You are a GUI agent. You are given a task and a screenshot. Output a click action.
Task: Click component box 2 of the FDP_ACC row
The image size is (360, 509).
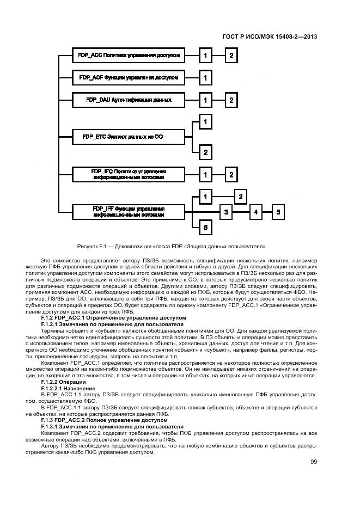point(231,55)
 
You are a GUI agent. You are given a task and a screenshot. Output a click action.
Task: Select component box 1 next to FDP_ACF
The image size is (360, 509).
point(205,78)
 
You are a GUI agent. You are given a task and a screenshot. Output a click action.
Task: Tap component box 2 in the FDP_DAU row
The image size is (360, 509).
point(231,100)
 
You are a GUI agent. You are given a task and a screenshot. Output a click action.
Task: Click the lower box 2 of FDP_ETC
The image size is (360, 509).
point(205,152)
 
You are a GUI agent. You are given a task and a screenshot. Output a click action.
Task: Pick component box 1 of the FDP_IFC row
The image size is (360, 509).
point(205,174)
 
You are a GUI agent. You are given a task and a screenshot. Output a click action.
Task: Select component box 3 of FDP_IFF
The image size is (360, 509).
point(226,211)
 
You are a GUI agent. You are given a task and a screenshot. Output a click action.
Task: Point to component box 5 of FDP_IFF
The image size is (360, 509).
point(278,211)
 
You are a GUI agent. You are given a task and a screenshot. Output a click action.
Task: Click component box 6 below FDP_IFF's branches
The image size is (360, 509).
point(205,228)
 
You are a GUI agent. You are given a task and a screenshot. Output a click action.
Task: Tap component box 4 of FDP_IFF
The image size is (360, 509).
point(254,211)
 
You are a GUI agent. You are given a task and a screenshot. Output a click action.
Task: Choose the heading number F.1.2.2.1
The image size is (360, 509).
point(56,389)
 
